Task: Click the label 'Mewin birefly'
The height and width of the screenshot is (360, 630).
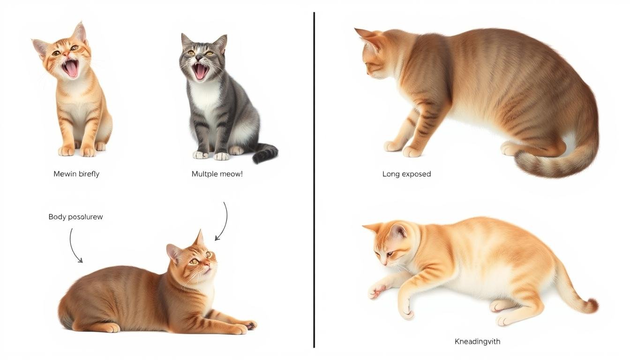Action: (x=76, y=174)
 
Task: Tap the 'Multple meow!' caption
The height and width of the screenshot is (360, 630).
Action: (x=217, y=174)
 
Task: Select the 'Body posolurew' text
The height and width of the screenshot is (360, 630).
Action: (x=75, y=217)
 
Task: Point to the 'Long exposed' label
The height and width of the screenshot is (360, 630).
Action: (x=406, y=174)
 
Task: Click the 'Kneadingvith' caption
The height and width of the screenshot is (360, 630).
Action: (x=477, y=341)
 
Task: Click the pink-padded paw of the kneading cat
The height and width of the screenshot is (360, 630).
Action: (x=375, y=291)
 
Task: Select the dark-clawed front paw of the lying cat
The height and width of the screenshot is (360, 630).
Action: (x=249, y=324)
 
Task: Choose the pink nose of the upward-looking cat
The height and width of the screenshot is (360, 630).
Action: (x=206, y=265)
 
